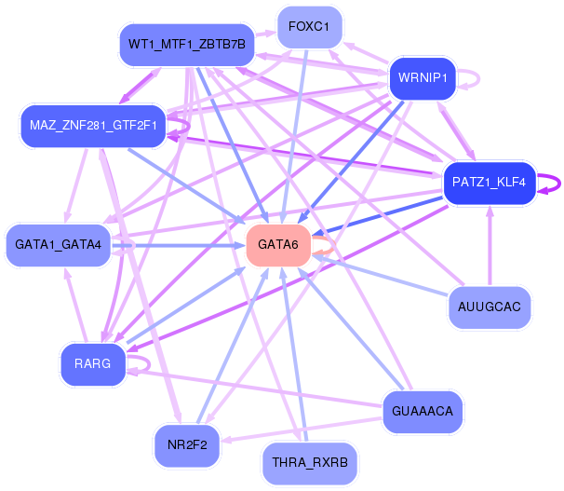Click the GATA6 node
pyautogui.click(x=278, y=245)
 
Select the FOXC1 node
pyautogui.click(x=309, y=27)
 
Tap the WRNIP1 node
pyautogui.click(x=423, y=78)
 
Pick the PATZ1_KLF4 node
pyautogui.click(x=490, y=183)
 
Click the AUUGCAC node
pyautogui.click(x=490, y=307)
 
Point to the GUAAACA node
pyautogui.click(x=423, y=412)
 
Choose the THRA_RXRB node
pyautogui.click(x=310, y=462)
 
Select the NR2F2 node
pyautogui.click(x=187, y=445)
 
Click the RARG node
pyautogui.click(x=93, y=364)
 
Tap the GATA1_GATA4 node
pyautogui.click(x=58, y=245)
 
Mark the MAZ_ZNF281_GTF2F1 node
pyautogui.click(x=93, y=126)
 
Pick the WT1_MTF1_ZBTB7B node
pyautogui.click(x=187, y=45)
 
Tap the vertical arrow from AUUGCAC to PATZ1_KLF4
pyautogui.click(x=490, y=246)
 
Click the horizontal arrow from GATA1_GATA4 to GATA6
pyautogui.click(x=179, y=246)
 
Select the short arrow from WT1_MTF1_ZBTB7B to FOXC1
pyautogui.click(x=265, y=34)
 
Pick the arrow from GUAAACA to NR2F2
pyautogui.click(x=301, y=430)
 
